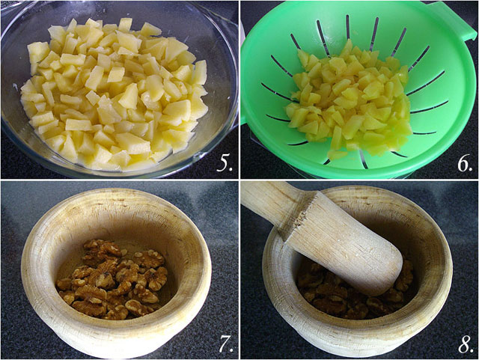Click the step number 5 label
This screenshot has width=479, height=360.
tap(225, 164)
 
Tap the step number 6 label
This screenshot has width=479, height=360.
tap(465, 164)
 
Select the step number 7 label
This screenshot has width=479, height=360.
tap(226, 344)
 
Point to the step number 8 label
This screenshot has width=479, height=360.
tap(466, 345)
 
